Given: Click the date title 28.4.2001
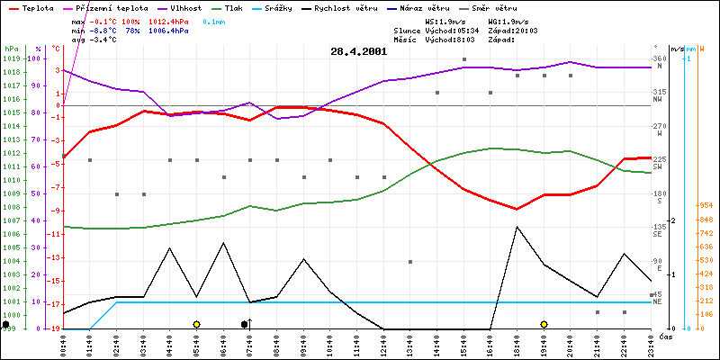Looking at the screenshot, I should [359, 52].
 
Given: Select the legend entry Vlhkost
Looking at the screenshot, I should [187, 6].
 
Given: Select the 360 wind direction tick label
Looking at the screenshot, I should [660, 58].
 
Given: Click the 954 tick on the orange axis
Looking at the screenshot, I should [705, 204].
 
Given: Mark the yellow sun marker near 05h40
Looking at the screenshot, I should [196, 324].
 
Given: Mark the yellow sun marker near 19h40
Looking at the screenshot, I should [544, 324].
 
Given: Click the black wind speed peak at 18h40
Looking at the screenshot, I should [517, 227].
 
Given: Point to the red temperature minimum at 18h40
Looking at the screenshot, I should [517, 209].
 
